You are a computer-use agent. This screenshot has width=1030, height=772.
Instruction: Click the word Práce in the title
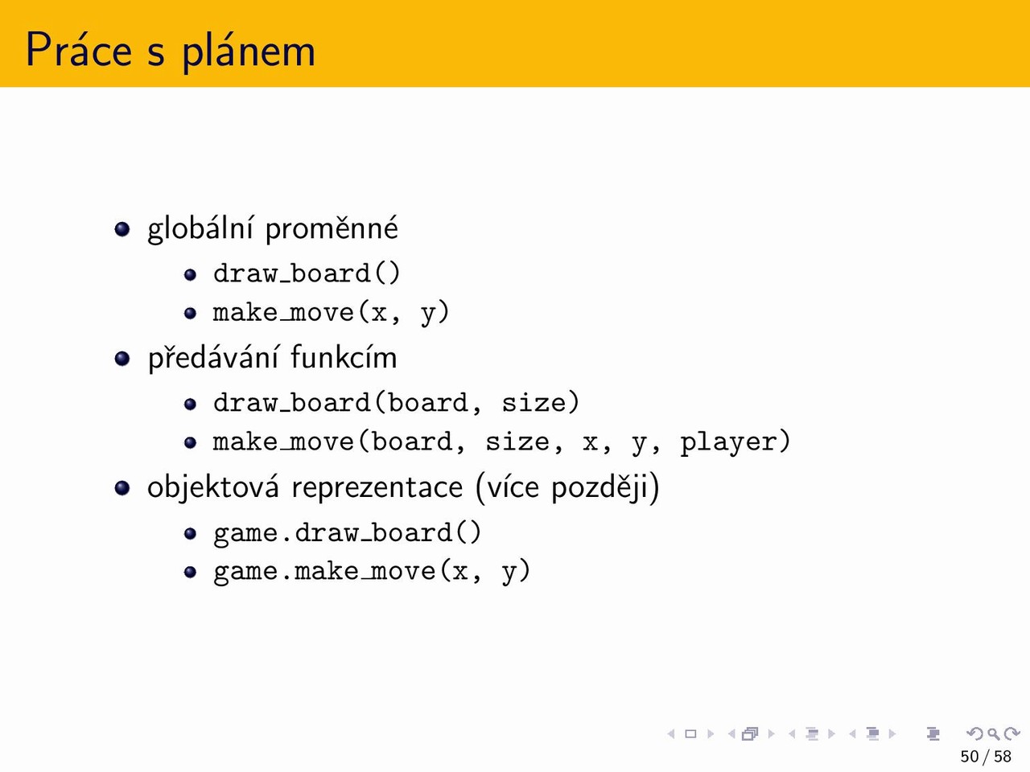[79, 49]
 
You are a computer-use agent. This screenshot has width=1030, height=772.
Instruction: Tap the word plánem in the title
[249, 51]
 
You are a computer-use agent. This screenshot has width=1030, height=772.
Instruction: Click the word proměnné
[332, 228]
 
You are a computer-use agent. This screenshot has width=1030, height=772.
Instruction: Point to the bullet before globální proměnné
[122, 229]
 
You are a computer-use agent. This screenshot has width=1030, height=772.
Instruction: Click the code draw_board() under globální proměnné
[307, 273]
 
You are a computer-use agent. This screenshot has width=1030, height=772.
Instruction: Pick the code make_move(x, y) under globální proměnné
[331, 313]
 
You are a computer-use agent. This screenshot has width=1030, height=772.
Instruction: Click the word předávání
[213, 358]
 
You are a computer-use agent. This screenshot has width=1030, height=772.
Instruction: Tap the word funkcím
[344, 357]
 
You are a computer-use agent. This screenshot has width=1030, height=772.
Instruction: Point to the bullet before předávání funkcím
[122, 359]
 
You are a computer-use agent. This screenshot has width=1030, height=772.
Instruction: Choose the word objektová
[213, 487]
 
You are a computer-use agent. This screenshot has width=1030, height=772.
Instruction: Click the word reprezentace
[377, 488]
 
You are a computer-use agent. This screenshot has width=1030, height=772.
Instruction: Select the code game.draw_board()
[348, 533]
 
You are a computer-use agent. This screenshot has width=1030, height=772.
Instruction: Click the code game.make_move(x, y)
[372, 572]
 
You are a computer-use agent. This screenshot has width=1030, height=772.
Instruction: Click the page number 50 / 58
[986, 756]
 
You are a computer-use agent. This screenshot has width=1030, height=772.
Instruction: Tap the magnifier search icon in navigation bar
[993, 734]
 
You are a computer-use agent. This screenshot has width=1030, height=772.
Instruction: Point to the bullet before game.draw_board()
[190, 533]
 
